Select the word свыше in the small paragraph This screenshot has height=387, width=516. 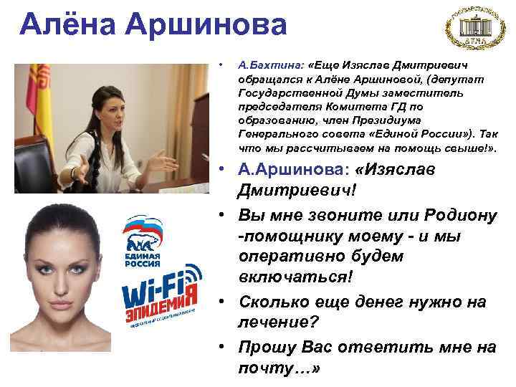(x=454, y=150)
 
